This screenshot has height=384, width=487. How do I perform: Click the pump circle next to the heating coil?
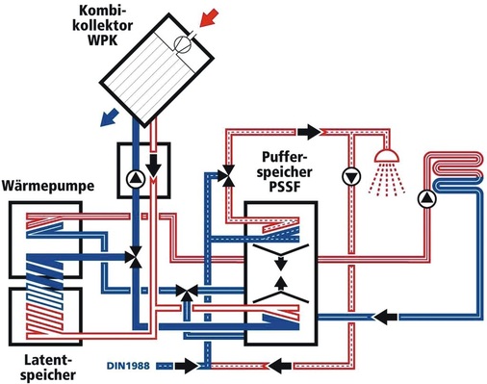425,199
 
